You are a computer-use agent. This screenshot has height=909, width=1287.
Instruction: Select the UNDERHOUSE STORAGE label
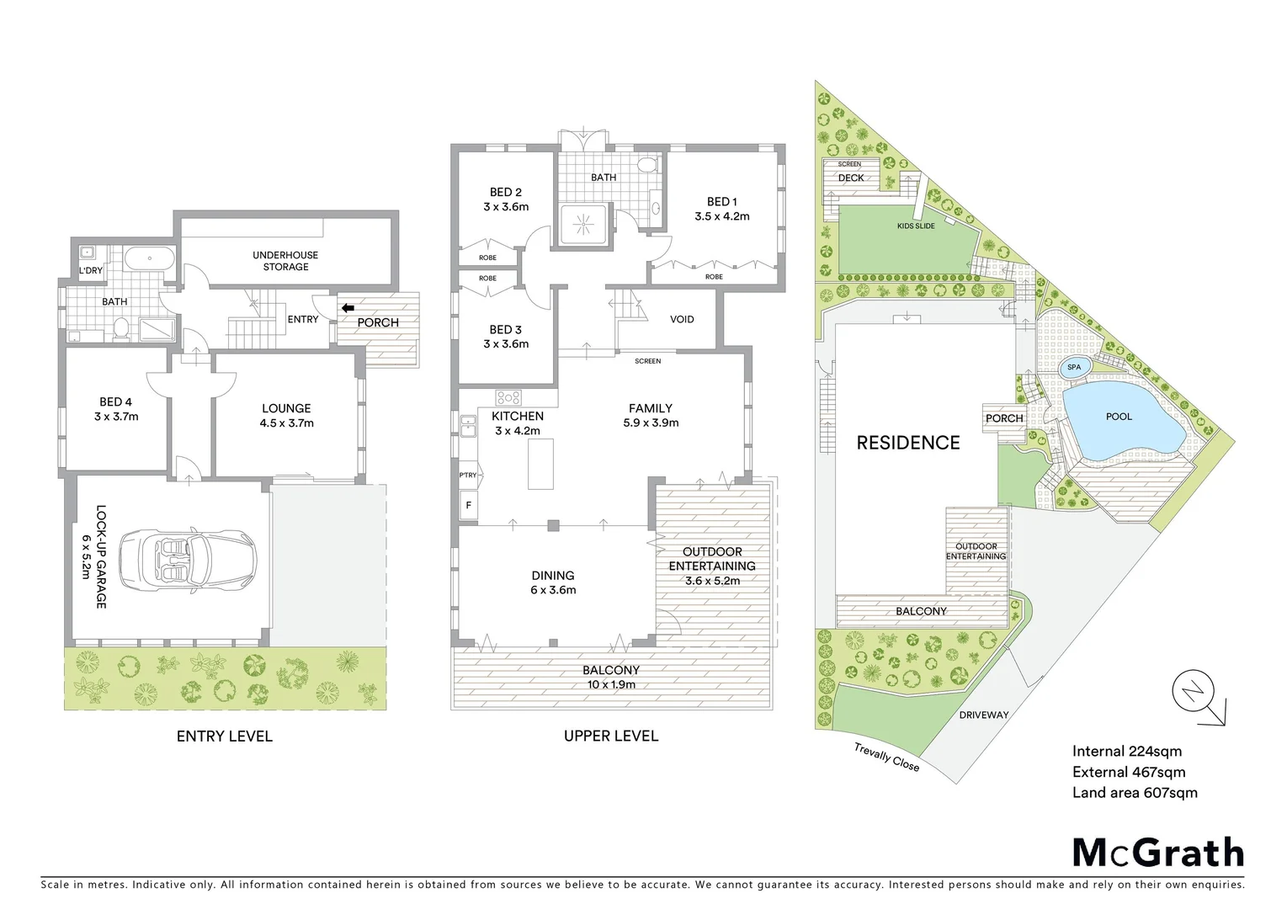[x=285, y=261]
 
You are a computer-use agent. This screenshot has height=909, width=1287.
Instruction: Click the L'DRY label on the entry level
[x=90, y=271]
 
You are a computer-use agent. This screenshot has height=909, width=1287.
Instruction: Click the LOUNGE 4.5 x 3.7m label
[x=286, y=416]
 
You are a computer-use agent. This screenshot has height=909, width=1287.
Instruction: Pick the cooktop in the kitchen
[x=508, y=397]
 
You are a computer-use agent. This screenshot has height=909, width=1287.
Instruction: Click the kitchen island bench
[x=541, y=463]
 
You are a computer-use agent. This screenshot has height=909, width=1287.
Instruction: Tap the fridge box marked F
[x=468, y=505]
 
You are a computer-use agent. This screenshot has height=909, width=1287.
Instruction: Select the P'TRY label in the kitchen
[x=468, y=476]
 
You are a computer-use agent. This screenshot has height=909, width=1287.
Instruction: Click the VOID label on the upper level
[x=682, y=319]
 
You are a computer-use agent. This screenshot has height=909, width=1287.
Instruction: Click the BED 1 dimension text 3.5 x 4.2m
[x=721, y=216]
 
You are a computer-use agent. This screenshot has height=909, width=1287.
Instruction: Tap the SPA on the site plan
[x=1074, y=367]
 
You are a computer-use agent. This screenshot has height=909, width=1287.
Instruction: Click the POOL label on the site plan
[x=1119, y=417]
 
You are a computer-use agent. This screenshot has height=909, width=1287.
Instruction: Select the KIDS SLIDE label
[x=915, y=226]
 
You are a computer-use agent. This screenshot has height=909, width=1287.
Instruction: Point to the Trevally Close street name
[x=886, y=757]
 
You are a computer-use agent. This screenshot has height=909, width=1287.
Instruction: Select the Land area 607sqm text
[x=1134, y=793]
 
